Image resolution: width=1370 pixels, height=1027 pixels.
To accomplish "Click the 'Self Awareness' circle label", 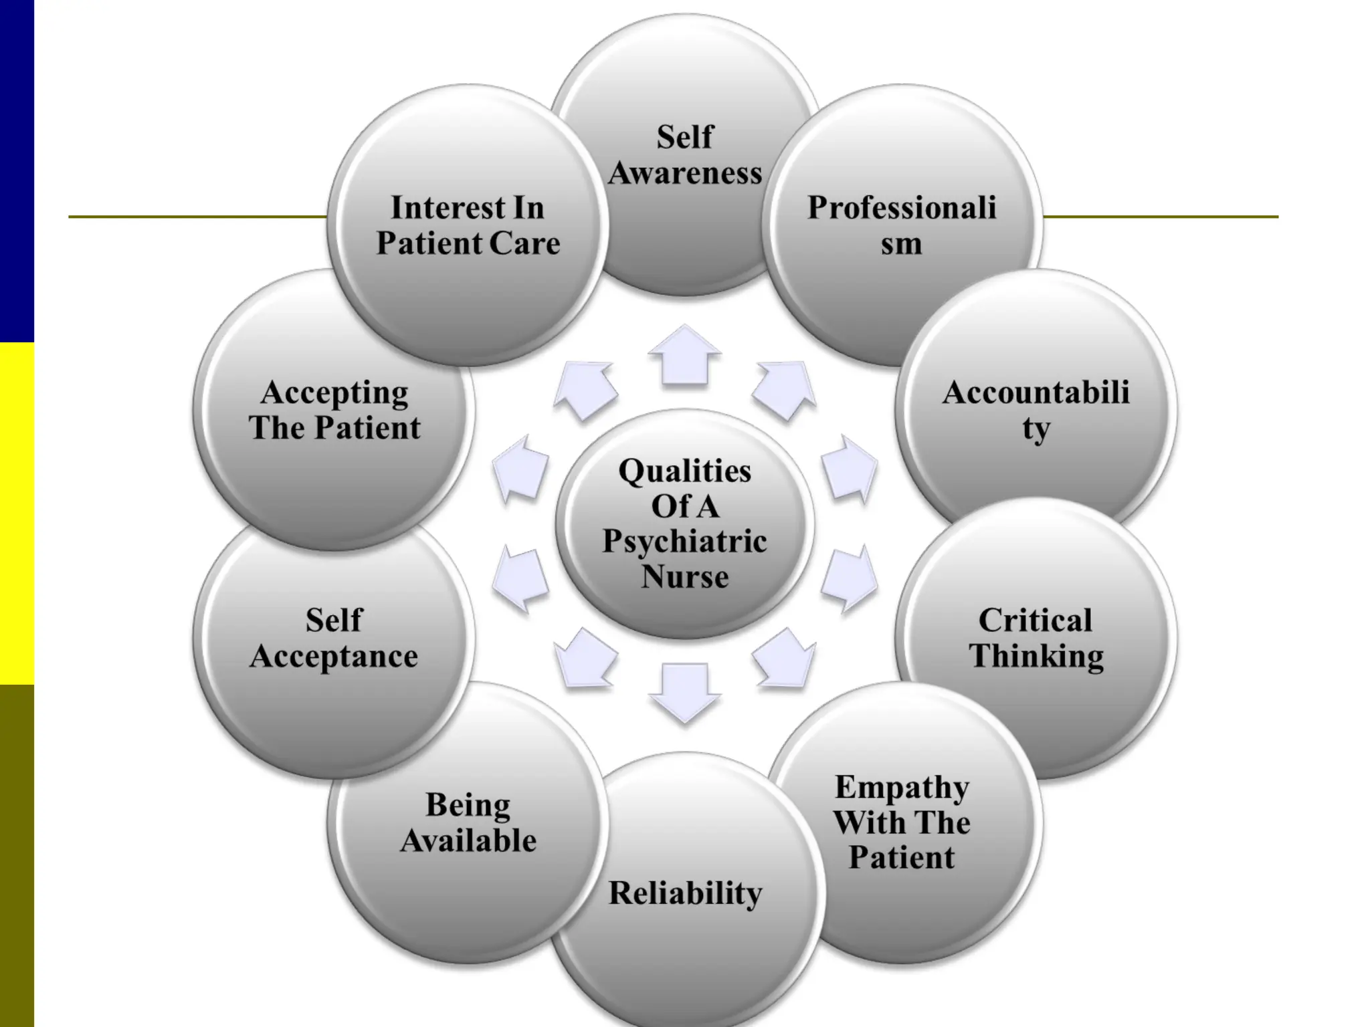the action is point(685,155).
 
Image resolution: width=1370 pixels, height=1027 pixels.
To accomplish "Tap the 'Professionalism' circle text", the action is point(902,225).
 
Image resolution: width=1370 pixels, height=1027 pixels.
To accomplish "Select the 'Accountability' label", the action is point(1036,409).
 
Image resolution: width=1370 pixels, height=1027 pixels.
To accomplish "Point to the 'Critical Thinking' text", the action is point(1036,638).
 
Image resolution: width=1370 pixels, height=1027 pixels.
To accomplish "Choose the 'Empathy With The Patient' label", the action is point(902,822).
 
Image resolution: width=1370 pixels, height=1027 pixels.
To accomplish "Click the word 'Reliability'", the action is point(685,893).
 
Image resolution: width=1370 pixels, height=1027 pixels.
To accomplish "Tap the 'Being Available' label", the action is point(468,822).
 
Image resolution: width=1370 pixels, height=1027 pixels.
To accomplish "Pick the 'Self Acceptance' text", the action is point(334,638).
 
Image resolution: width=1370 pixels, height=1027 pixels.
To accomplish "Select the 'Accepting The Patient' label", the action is point(334,409).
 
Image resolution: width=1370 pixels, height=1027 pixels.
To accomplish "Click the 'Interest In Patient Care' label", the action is point(468,225).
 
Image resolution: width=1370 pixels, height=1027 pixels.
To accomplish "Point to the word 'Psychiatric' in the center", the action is point(684,541).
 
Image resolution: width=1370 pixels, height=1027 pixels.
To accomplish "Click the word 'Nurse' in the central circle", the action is point(685,576).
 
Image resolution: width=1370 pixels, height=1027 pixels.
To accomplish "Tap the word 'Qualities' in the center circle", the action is point(685,471).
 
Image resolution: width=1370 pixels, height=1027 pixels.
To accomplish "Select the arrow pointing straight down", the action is point(685,692).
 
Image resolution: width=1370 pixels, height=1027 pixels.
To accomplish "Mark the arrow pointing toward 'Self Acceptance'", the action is point(520,578).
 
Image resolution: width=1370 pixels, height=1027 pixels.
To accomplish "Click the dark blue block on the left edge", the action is point(17,170).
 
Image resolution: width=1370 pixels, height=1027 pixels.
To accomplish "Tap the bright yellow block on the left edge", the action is point(17,513).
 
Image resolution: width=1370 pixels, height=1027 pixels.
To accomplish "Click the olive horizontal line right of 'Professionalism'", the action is point(1161,217).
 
